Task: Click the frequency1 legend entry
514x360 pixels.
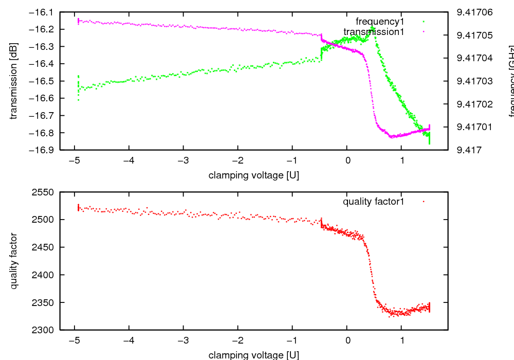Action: [383, 22]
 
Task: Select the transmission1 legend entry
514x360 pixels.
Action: [374, 32]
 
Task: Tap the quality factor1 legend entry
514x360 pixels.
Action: [374, 202]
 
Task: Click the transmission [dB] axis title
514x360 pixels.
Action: [14, 81]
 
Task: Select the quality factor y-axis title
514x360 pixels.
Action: [14, 261]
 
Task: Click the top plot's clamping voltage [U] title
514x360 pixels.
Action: [254, 175]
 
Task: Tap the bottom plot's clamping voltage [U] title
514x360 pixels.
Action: [254, 355]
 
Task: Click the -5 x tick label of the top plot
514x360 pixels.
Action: [75, 160]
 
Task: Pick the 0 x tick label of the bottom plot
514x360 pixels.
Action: [348, 340]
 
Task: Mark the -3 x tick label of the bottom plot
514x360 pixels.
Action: [183, 340]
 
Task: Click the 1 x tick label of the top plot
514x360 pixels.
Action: [402, 160]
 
